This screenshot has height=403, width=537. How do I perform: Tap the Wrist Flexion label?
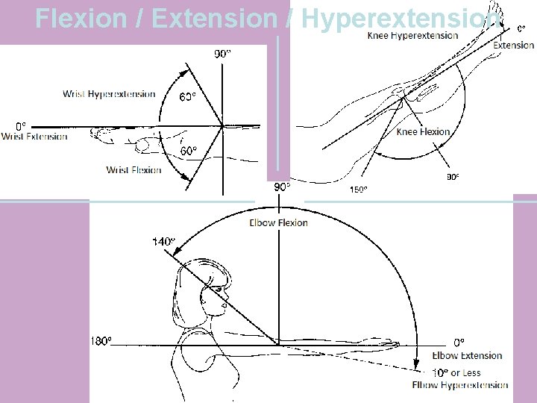tap(134, 170)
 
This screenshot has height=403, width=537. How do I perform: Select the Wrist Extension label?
tap(34, 136)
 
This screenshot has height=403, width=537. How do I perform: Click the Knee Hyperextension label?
tap(413, 36)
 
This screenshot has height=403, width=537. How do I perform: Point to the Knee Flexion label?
tap(423, 132)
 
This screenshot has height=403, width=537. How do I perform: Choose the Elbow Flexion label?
tap(278, 222)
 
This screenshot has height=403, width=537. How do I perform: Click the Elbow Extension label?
tap(467, 355)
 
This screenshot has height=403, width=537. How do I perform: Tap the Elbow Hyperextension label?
tap(459, 385)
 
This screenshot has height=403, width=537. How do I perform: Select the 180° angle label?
tap(101, 341)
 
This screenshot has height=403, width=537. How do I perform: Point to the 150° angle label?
tap(358, 190)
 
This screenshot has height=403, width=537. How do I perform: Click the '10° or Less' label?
tap(457, 372)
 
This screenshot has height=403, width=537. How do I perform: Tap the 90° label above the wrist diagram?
tap(223, 53)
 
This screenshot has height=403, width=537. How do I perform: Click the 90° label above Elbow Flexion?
tap(282, 187)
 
